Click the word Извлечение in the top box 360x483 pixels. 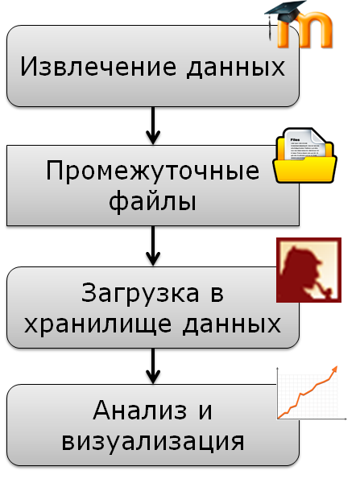coord(98,66)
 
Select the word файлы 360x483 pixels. coord(152,202)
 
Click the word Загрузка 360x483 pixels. coord(140,294)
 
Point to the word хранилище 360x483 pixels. coord(97,325)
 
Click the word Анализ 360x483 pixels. coord(140,411)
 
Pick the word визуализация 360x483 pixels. coord(153,442)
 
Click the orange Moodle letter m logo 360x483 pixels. coord(305,31)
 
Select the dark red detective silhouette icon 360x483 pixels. coord(308,270)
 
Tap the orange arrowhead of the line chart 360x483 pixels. coord(333,370)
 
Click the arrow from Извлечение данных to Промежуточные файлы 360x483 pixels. coord(153,126)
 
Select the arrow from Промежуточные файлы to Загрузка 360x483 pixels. coord(153,246)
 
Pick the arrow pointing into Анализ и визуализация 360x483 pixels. coord(153,366)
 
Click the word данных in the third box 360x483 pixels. coord(232,325)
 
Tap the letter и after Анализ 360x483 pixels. coord(205,412)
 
